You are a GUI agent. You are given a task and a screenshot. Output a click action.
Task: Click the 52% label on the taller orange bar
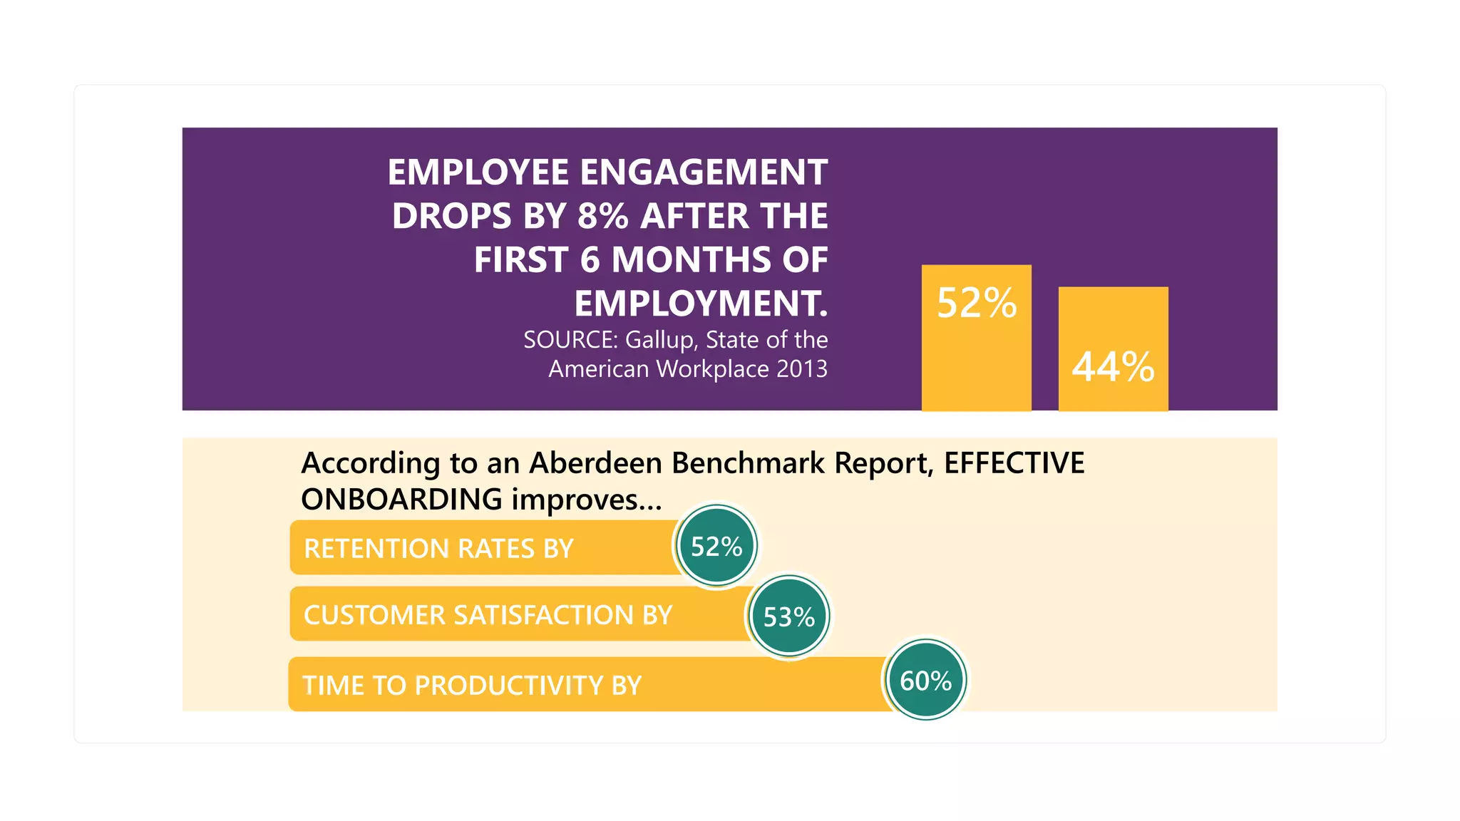pos(976,303)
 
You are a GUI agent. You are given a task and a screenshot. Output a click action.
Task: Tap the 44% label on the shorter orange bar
pos(1113,367)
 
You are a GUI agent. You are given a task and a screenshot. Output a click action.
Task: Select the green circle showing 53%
pos(789,617)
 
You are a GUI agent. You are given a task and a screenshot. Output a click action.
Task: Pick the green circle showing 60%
pos(926,681)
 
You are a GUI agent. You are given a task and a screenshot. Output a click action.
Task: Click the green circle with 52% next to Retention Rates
pos(716,547)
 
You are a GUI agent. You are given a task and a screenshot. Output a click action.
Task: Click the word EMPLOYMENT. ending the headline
pos(701,304)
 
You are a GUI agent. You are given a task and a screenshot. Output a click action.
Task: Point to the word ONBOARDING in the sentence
pos(401,500)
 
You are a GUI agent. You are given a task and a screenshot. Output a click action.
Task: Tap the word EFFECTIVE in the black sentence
pos(1014,463)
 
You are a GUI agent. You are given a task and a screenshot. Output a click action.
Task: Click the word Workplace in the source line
pos(712,369)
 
